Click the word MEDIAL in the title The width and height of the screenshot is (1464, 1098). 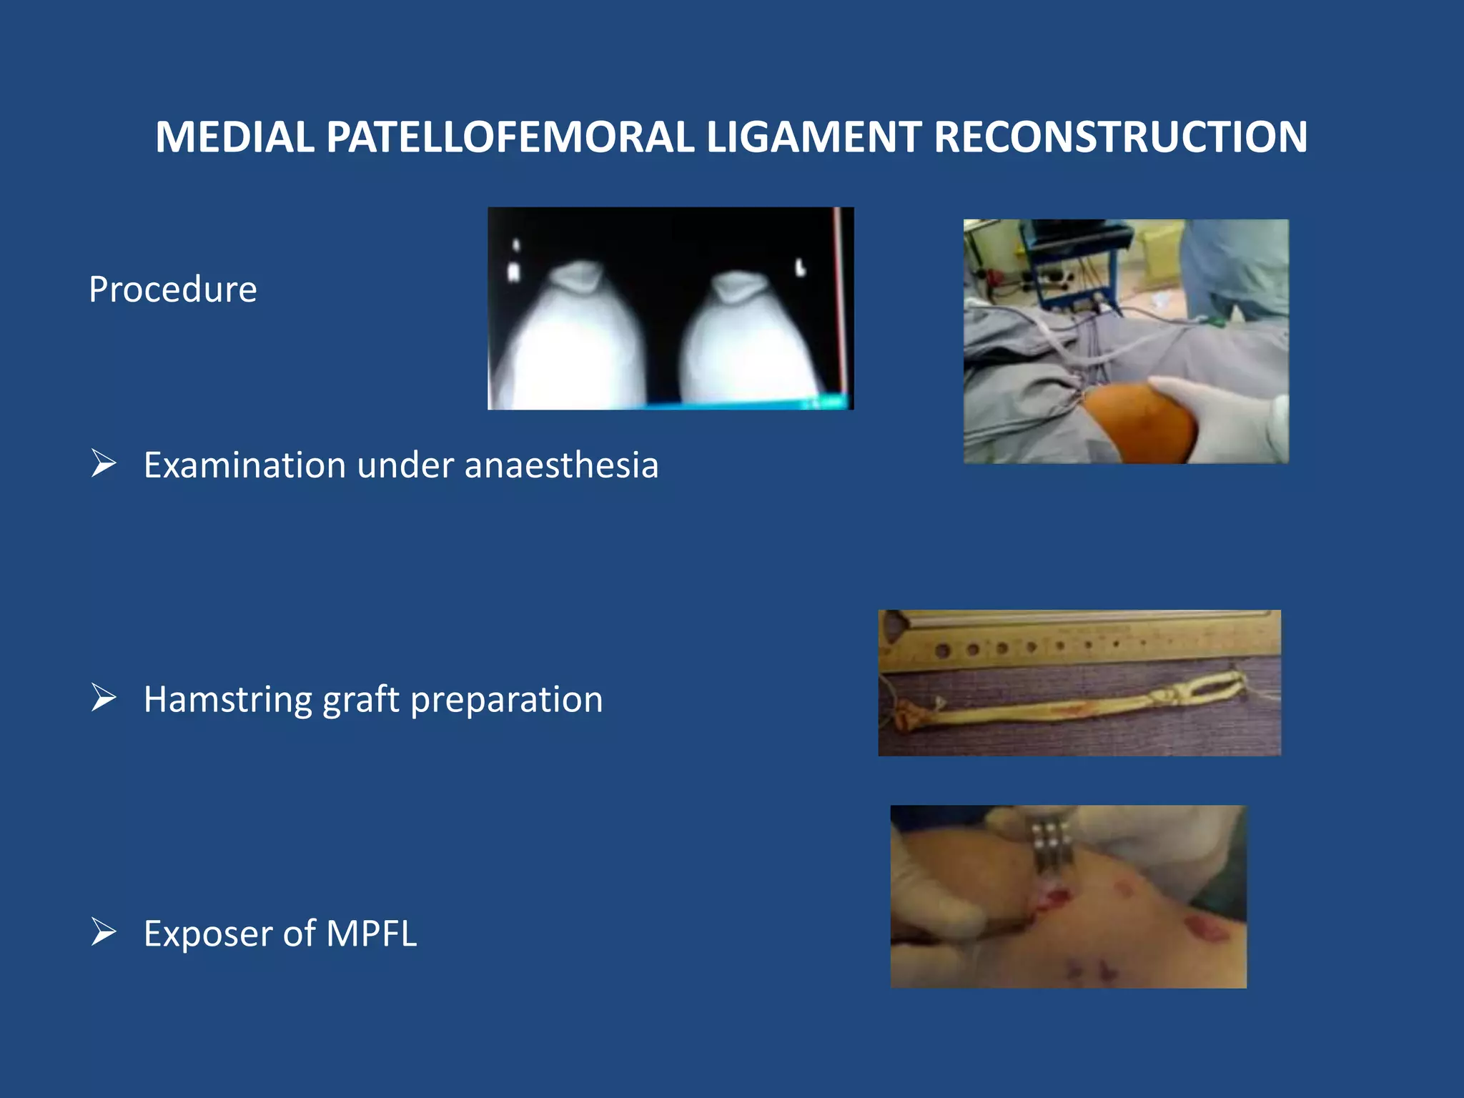(x=234, y=137)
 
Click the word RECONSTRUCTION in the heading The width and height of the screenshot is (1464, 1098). (x=1120, y=137)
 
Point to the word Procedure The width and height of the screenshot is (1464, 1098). (x=172, y=290)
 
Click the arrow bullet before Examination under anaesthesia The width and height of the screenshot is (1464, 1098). (x=104, y=464)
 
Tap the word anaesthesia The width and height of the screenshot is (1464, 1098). (x=561, y=465)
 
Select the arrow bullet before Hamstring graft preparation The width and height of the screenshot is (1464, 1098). (x=104, y=698)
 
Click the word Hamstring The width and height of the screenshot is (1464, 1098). (x=227, y=700)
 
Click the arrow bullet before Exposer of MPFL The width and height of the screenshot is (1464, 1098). (x=104, y=932)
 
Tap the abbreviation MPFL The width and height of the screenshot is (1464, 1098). (x=371, y=934)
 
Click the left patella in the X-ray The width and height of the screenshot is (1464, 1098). (x=578, y=277)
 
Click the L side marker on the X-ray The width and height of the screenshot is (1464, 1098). (x=801, y=268)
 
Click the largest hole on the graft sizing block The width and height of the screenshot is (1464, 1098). (x=942, y=651)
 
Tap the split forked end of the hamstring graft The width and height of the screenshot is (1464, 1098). (x=1215, y=686)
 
